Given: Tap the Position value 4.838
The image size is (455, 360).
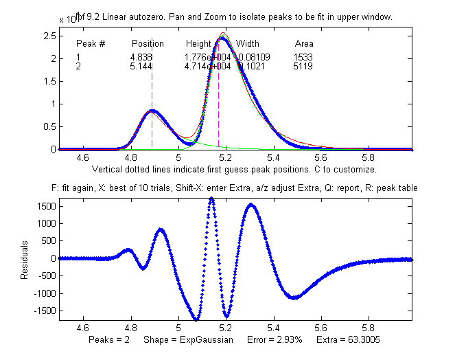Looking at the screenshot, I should click(x=141, y=57).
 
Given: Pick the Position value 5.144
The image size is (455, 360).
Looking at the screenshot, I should click(x=141, y=66).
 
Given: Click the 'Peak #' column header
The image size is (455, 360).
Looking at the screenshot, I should click(x=91, y=43).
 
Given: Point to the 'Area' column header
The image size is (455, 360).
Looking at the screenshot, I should click(x=304, y=43).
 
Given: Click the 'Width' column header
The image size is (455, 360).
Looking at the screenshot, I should click(x=248, y=43).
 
